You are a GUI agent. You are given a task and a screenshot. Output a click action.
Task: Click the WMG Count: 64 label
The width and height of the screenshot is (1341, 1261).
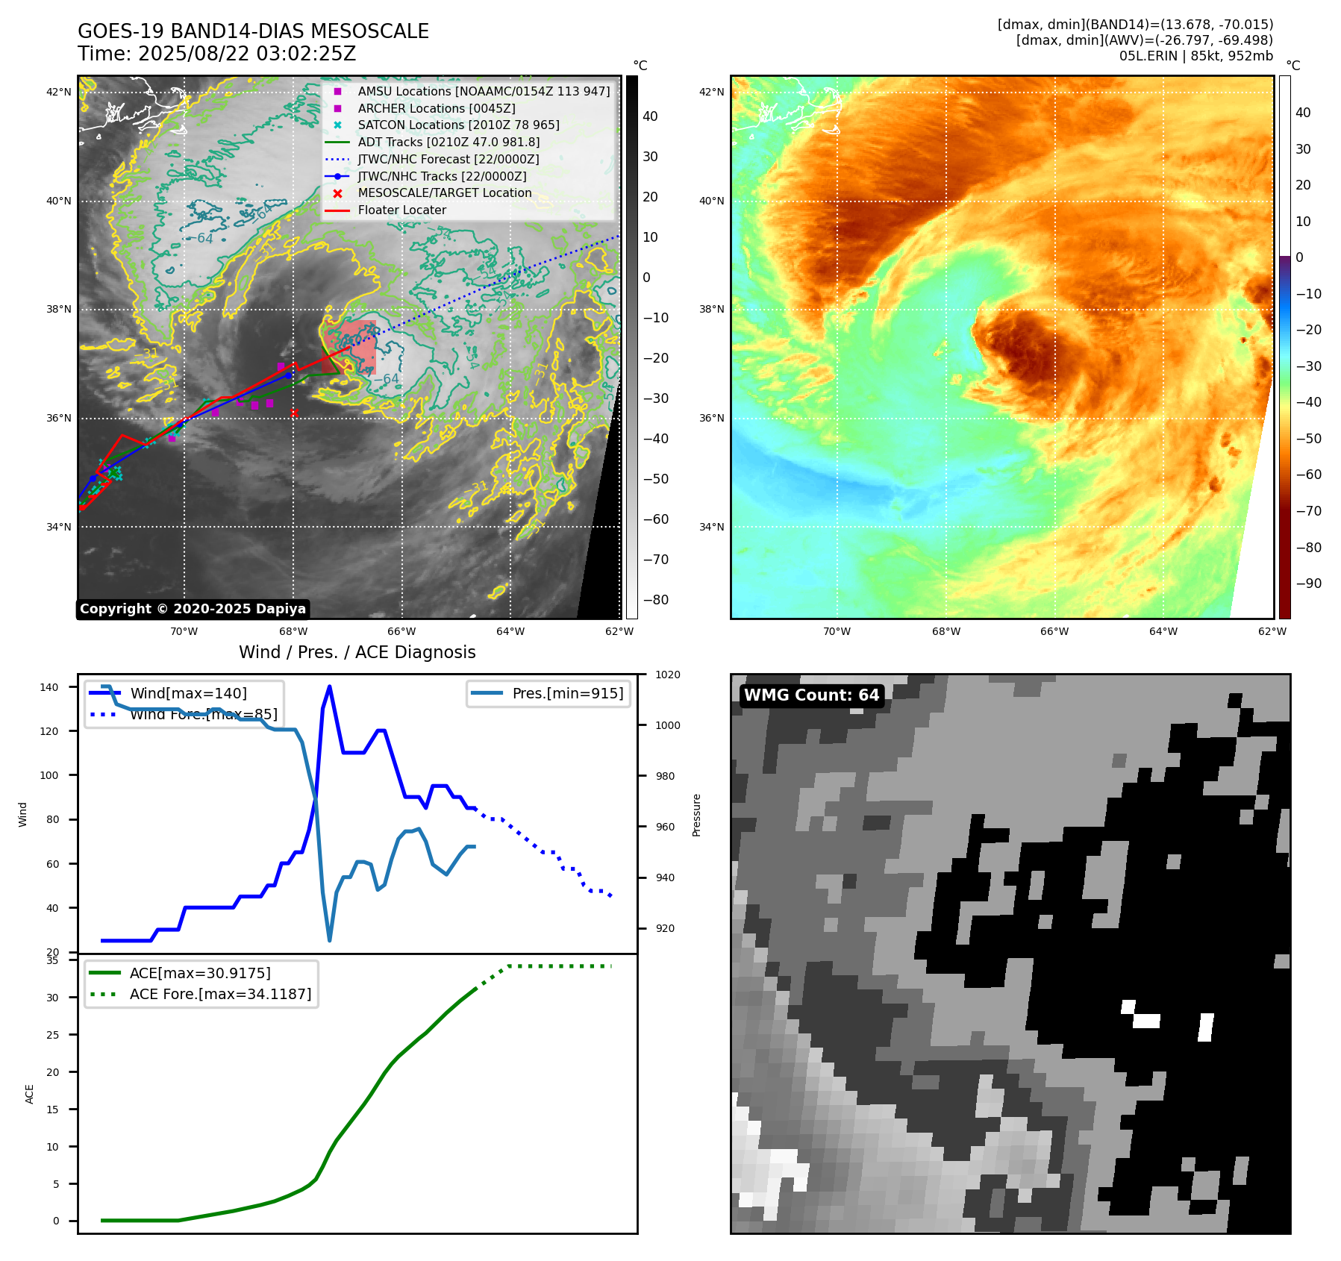click(x=811, y=695)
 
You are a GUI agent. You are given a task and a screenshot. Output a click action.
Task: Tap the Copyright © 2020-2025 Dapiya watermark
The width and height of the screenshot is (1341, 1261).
click(x=193, y=609)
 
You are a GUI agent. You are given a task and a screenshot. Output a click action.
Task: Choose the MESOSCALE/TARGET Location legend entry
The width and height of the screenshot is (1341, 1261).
click(x=445, y=193)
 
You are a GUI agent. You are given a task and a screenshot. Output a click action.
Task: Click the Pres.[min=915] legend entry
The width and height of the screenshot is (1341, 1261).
click(x=567, y=693)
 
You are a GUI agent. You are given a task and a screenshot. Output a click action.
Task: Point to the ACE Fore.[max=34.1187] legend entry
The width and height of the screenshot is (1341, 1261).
click(x=220, y=994)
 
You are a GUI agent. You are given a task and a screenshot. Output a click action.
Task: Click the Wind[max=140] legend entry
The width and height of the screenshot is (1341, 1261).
click(x=188, y=693)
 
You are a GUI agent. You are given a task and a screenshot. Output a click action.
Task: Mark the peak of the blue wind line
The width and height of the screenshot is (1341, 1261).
click(x=330, y=686)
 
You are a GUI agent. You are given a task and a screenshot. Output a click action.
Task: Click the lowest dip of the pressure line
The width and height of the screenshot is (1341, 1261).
click(x=330, y=940)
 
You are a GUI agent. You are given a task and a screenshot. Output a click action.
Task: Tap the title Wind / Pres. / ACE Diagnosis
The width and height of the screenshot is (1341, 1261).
click(x=357, y=652)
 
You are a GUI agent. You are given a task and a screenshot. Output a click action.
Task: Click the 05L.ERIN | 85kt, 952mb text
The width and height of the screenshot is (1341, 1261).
click(x=1195, y=56)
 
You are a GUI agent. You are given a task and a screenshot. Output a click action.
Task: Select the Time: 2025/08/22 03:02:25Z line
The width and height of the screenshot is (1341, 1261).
click(x=217, y=54)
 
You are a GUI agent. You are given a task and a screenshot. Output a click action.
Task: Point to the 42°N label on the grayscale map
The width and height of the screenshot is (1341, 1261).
click(x=59, y=93)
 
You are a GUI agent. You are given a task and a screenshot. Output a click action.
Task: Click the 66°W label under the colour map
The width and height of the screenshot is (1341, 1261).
click(x=1054, y=631)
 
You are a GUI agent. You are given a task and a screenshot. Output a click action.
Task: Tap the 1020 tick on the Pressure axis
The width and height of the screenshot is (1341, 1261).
click(x=668, y=675)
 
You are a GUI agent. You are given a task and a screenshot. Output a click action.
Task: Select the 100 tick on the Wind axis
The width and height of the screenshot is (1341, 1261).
click(x=49, y=775)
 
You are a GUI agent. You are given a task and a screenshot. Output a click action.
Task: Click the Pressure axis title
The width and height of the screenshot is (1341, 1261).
click(x=696, y=815)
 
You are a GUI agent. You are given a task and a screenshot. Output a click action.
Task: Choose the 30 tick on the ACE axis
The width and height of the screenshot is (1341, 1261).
click(x=52, y=998)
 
